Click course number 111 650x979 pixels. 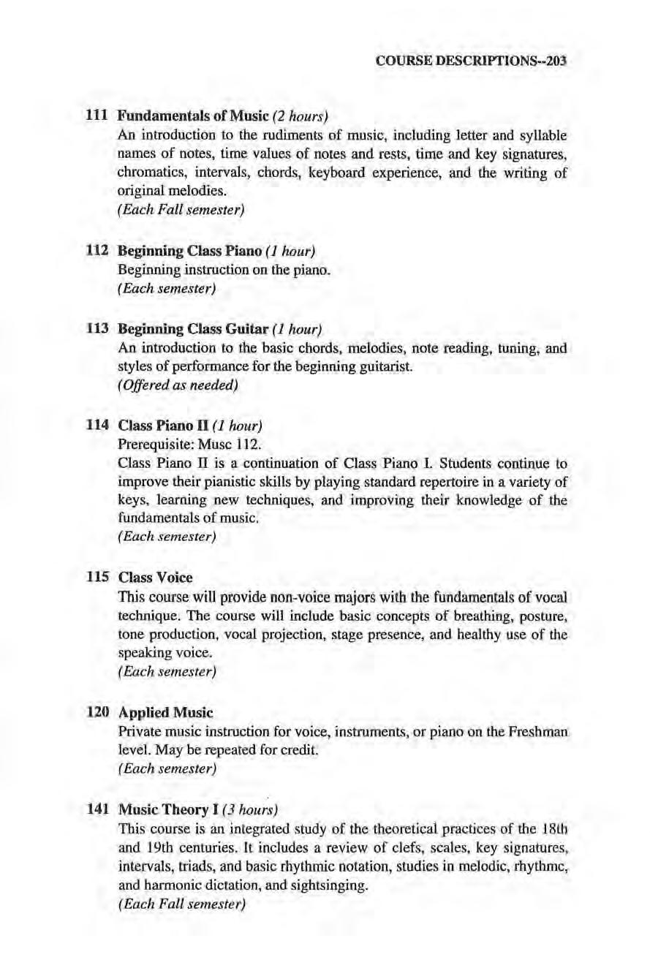(x=98, y=116)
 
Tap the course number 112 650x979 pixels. (x=98, y=252)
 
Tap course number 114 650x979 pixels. (x=98, y=425)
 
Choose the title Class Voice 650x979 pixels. (x=156, y=577)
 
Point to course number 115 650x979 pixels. (x=98, y=577)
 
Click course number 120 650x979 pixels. (x=98, y=711)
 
